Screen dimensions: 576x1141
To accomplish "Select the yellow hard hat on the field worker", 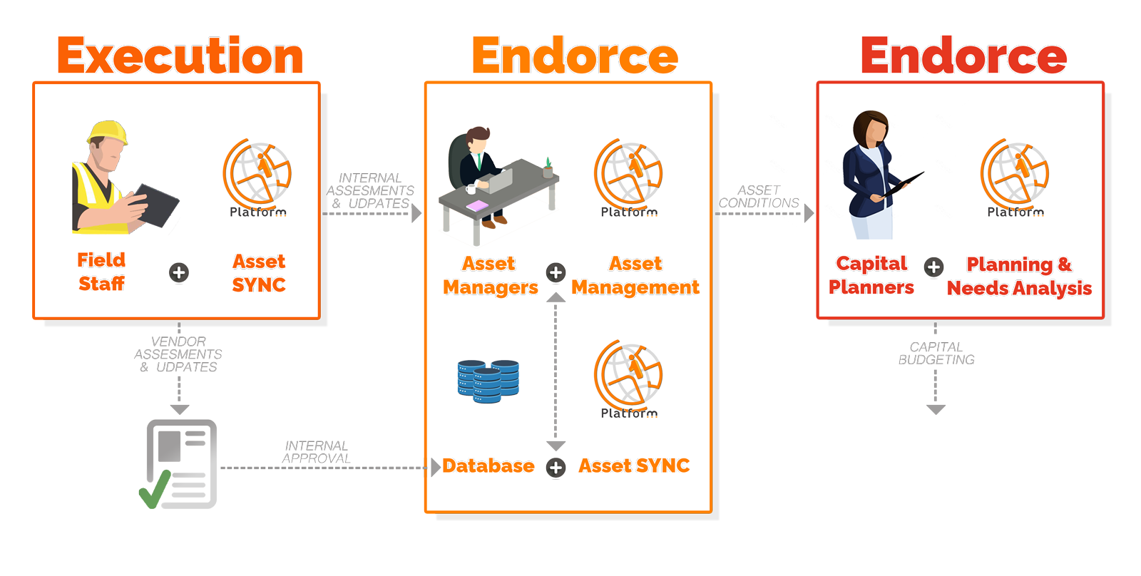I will (107, 133).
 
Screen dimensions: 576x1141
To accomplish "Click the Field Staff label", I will (101, 272).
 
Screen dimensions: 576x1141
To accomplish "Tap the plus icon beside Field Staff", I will (179, 272).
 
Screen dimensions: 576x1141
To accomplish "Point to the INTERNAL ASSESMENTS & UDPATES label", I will (370, 191).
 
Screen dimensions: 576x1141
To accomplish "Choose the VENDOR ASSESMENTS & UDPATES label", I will (178, 354).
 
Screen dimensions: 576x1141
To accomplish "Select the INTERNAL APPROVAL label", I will (315, 452).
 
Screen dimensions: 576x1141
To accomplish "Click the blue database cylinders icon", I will (488, 381).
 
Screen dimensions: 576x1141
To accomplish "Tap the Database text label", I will (488, 466).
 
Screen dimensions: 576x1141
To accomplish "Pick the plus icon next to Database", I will (556, 468).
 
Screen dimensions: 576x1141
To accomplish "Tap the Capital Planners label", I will (871, 276).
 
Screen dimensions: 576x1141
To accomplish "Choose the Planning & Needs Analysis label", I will (1019, 277).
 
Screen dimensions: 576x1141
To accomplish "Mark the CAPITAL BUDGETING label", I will (936, 353).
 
